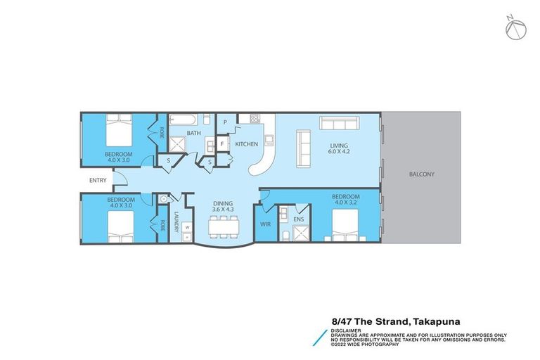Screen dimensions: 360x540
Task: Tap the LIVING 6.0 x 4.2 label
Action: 340,150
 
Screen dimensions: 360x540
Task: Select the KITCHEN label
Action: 247,144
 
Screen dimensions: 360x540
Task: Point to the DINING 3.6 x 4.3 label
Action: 223,206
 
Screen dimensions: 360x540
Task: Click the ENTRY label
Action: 98,181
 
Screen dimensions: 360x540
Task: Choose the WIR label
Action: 265,225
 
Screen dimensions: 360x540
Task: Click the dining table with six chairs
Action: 224,226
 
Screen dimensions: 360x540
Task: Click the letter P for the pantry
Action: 224,122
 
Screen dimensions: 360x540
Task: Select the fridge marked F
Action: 222,144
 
